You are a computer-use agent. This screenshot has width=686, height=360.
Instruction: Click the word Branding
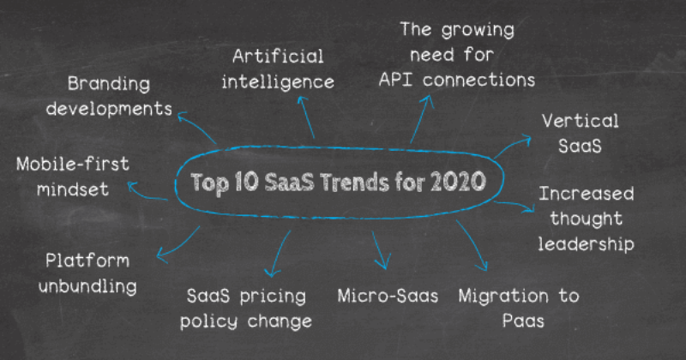click(108, 84)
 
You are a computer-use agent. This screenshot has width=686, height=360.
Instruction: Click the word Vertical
click(579, 121)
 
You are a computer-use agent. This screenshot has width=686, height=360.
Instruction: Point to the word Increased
click(586, 194)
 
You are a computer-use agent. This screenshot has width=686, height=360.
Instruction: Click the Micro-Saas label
click(388, 297)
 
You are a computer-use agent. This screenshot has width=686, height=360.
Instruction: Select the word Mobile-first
click(73, 163)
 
